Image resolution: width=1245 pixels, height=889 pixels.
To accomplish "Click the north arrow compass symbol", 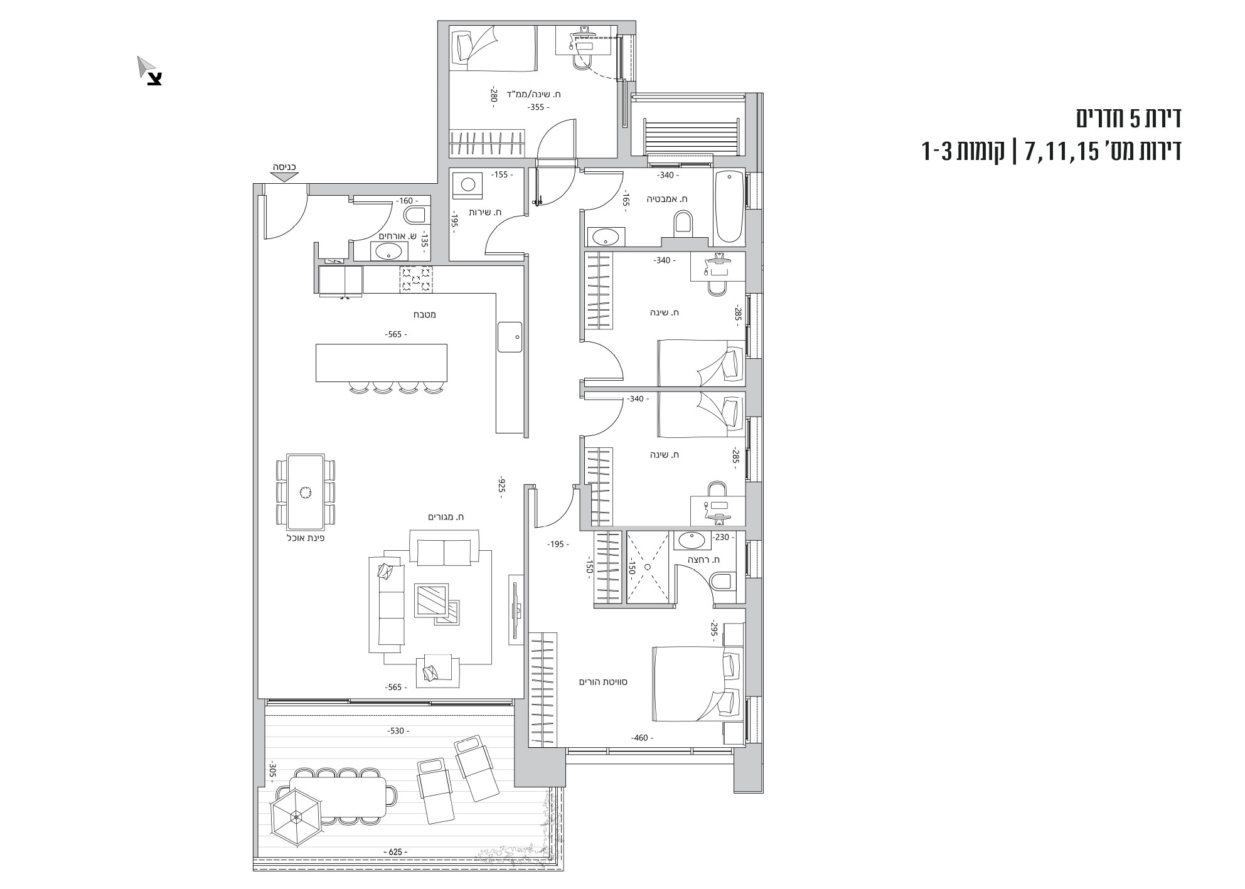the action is pos(150,71).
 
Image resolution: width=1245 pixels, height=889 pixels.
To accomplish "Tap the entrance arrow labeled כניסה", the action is pos(285,176).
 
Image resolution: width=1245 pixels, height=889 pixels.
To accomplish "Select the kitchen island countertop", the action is pos(382,363).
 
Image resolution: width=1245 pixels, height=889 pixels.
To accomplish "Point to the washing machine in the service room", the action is pos(468,184).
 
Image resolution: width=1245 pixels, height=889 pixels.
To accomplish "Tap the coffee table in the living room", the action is pos(431,601).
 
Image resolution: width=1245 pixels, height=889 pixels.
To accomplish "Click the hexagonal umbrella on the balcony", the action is pos(296,817).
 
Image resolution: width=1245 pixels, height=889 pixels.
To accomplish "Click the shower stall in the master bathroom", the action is pos(649,568).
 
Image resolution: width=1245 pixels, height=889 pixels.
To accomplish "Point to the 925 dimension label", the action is pos(501,487).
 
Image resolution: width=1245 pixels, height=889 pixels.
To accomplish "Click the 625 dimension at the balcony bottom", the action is pos(395,852).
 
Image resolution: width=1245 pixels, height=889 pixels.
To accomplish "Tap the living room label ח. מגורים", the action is pos(446,517).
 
